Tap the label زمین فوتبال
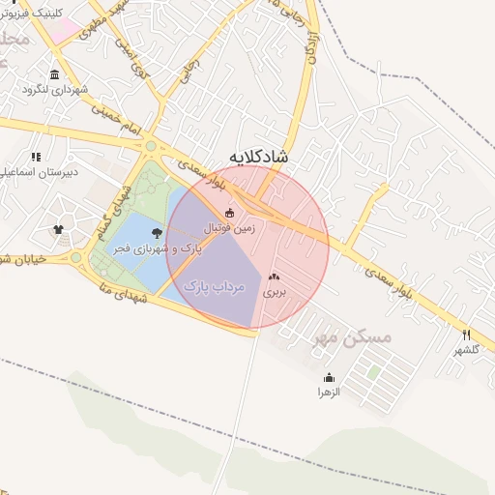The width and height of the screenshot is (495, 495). [x=229, y=227]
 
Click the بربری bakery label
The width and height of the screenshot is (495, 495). [x=277, y=290]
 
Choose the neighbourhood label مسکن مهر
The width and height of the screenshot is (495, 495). [x=354, y=337]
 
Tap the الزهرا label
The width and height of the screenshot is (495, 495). [x=330, y=393]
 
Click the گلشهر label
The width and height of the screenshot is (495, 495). [x=466, y=349]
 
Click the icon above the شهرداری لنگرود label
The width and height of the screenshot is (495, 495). [x=53, y=75]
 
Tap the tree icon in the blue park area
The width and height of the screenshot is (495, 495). [x=158, y=232]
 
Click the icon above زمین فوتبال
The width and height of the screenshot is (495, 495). [x=229, y=213]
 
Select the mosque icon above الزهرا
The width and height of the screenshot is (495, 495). [x=330, y=378]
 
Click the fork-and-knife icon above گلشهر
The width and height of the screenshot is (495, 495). [x=466, y=335]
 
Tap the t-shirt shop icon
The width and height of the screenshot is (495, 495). [x=58, y=230]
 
